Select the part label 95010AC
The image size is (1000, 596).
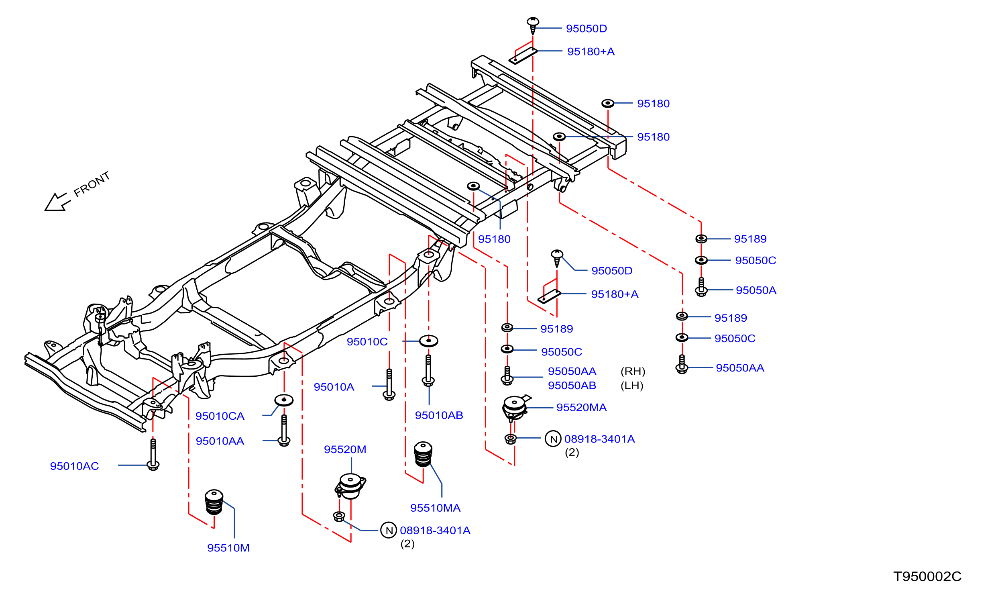point(74,466)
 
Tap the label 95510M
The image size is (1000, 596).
point(228,548)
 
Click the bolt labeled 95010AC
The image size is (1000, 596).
point(153,455)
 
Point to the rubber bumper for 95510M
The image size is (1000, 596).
point(214,502)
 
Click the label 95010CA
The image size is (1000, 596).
point(220,416)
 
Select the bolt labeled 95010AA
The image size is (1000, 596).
point(284,431)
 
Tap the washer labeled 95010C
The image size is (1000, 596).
point(428,341)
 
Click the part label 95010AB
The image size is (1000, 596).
point(439,415)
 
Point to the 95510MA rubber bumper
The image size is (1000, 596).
point(423,454)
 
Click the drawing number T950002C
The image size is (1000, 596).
point(927,577)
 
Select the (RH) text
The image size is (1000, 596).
point(633,371)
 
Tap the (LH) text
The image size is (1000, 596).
point(632,386)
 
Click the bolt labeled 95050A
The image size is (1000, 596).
point(701,287)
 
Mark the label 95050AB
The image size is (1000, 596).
point(572,386)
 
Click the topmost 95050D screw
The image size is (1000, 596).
point(533,26)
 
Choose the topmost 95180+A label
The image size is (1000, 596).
point(591,51)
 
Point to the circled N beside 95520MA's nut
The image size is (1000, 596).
point(553,439)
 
